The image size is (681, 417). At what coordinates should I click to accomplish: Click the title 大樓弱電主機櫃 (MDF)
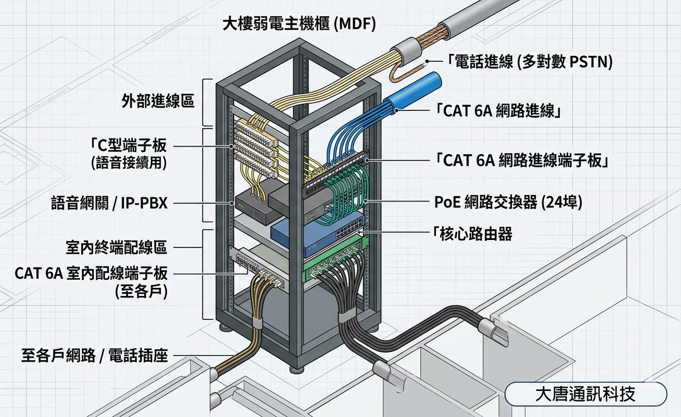coord(299,25)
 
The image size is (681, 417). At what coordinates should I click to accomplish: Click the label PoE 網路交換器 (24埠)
coord(508,203)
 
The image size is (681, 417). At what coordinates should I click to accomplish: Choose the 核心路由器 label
coord(473,234)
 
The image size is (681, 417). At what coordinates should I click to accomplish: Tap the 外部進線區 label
coord(158,101)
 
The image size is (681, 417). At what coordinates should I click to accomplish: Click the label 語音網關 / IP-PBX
coord(108,204)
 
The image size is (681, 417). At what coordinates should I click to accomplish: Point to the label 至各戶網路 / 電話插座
coord(94,356)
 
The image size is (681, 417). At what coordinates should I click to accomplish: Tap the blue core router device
coord(317,233)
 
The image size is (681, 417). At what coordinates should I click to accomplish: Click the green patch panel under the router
coord(331,263)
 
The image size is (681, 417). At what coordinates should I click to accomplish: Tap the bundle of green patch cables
coord(347,195)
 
